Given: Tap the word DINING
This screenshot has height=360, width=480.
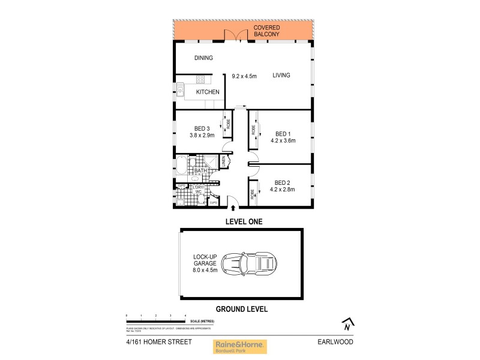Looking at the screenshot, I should (204, 58).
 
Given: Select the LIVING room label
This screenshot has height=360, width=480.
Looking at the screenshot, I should (281, 76).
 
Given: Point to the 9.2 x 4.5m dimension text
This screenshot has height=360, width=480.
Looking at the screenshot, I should (244, 76).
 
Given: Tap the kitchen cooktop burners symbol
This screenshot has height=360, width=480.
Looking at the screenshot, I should (200, 79).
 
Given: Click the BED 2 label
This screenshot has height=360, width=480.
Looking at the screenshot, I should (283, 182).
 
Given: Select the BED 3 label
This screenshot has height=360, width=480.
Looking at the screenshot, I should (201, 128).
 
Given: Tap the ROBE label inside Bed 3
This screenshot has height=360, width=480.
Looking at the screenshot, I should (227, 124).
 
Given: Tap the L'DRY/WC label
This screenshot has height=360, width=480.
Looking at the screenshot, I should (199, 190).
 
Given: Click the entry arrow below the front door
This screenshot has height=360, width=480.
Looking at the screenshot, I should (233, 208).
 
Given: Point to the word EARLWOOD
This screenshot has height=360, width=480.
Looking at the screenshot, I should (336, 343).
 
